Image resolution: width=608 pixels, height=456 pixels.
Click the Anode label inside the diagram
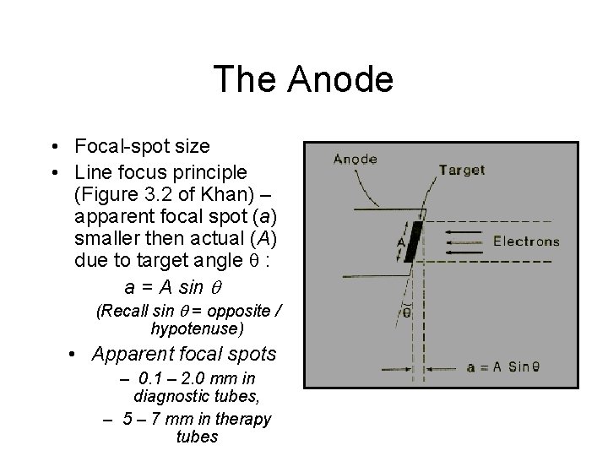pyautogui.click(x=356, y=158)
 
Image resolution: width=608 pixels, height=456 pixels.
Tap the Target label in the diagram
pyautogui.click(x=462, y=170)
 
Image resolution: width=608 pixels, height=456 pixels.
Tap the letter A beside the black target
pyautogui.click(x=401, y=240)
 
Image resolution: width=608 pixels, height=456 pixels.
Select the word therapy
pyautogui.click(x=242, y=420)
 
